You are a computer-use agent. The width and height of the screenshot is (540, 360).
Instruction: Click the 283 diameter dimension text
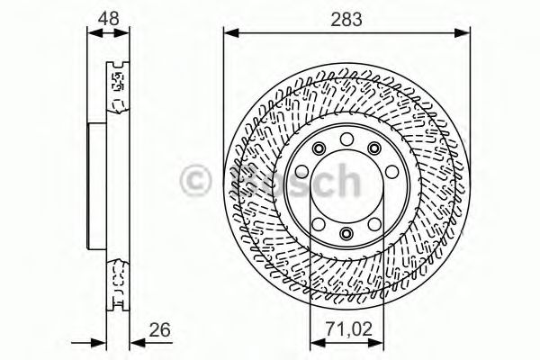[x=346, y=18]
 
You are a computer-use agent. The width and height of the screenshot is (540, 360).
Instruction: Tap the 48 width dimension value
[x=108, y=18]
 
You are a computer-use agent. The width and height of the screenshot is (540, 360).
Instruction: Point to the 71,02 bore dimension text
[x=347, y=329]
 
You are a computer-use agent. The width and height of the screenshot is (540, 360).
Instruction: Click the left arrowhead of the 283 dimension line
[x=228, y=34]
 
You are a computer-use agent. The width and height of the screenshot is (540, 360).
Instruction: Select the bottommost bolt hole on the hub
[x=346, y=235]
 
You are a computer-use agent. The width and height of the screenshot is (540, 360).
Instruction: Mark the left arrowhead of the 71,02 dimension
[x=314, y=342]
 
